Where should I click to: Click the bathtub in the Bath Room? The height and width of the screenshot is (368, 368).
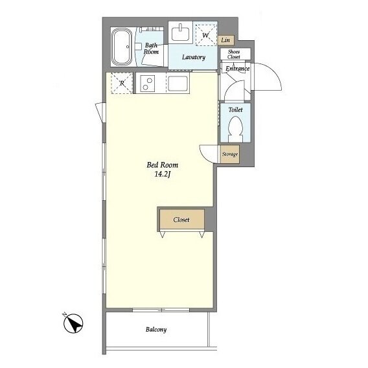point(122,47)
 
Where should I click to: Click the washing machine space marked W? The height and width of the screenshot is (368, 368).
point(205,35)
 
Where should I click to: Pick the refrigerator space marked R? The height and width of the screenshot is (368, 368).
point(122,83)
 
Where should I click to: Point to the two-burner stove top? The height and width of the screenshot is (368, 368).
point(148,84)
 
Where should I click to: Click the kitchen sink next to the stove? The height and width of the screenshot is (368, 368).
point(178,84)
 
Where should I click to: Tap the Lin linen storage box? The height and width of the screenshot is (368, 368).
point(225,40)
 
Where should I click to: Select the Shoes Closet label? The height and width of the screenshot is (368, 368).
point(234,54)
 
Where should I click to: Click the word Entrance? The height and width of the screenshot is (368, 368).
point(237,69)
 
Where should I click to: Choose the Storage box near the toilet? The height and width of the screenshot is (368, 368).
point(230,154)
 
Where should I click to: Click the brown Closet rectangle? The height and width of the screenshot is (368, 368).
point(182,220)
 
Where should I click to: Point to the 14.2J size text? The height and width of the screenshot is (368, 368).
point(163,174)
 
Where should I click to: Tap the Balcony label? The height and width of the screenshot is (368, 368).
point(156,330)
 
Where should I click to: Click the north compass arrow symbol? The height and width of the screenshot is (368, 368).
point(73,324)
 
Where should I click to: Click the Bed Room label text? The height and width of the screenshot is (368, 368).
point(163,165)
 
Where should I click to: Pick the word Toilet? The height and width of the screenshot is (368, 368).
point(235,109)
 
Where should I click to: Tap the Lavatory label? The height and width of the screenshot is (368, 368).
point(194,57)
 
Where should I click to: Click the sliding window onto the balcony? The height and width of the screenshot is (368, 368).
point(161,310)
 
